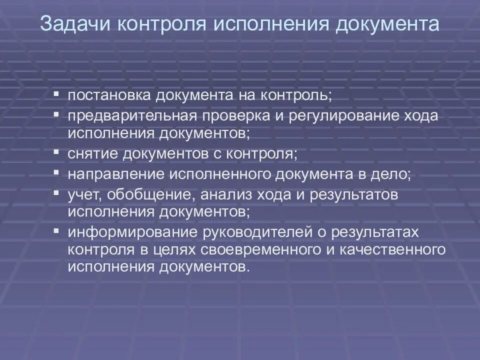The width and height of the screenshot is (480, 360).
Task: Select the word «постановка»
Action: click(x=109, y=95)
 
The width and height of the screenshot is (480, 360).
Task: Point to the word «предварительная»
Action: click(x=129, y=116)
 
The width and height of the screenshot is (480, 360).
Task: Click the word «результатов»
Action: click(x=355, y=195)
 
